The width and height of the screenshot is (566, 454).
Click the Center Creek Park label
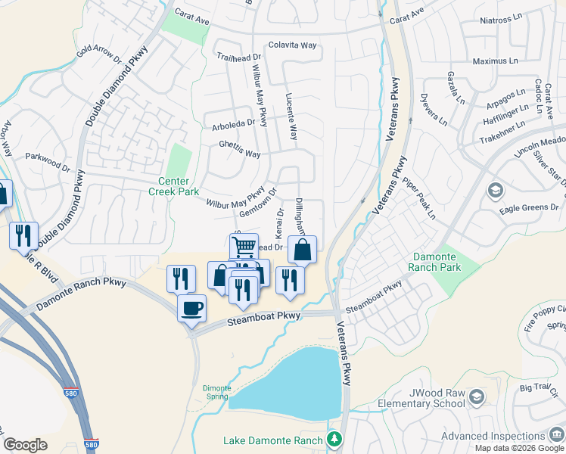(x=179, y=186)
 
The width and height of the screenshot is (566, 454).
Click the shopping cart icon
(x=244, y=246)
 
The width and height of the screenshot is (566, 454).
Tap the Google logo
(x=25, y=445)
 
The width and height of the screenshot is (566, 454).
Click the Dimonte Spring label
(x=216, y=392)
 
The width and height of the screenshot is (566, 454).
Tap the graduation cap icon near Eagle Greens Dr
(x=496, y=189)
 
